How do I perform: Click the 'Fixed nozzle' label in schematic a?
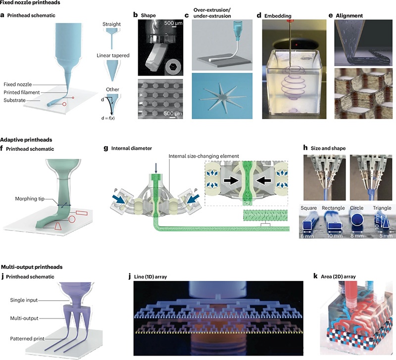click(18, 84)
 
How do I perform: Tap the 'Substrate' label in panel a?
click(15, 100)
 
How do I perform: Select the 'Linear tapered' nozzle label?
click(113, 55)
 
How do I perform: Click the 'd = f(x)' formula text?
click(108, 118)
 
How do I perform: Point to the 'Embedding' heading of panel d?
click(278, 16)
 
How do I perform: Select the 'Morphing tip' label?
click(30, 199)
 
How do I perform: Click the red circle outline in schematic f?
click(72, 219)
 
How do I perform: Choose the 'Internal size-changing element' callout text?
click(203, 156)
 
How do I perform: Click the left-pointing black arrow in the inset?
click(264, 180)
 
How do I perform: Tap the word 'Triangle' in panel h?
click(382, 208)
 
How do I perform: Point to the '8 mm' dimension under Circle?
click(357, 236)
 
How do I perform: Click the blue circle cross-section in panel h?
click(357, 220)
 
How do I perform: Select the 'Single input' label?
click(24, 300)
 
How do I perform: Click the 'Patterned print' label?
click(27, 339)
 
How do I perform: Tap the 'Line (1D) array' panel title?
click(150, 277)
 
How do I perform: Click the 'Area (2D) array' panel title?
click(338, 277)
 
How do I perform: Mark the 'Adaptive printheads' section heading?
click(26, 140)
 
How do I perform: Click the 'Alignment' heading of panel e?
click(349, 16)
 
